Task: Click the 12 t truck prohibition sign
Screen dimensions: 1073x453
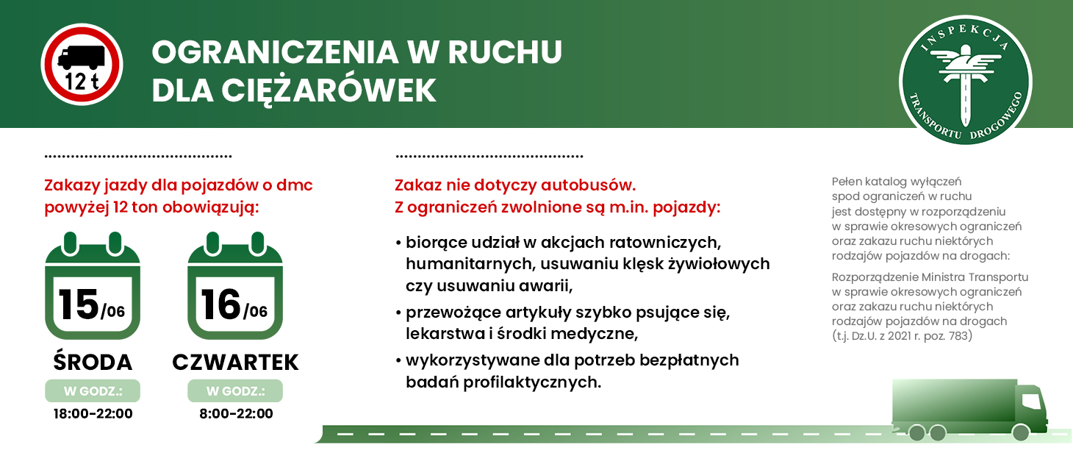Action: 82,64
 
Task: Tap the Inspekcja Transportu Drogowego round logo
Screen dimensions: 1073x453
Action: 965,80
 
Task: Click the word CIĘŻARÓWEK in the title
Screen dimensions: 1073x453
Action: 329,90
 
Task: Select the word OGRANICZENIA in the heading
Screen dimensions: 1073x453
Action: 275,52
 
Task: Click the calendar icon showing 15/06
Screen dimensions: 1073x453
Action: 93,286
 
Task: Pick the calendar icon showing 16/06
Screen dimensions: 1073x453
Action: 234,286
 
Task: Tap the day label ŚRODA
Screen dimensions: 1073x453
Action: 93,362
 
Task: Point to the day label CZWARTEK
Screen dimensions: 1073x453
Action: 235,363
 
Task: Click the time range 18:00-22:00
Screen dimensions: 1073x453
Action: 93,414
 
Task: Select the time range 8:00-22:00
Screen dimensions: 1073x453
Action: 236,414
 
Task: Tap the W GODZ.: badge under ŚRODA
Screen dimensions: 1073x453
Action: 93,391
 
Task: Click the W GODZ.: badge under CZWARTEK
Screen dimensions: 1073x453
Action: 235,391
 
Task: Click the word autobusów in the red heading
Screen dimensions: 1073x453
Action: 588,185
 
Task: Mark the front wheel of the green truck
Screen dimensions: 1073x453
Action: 1020,433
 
